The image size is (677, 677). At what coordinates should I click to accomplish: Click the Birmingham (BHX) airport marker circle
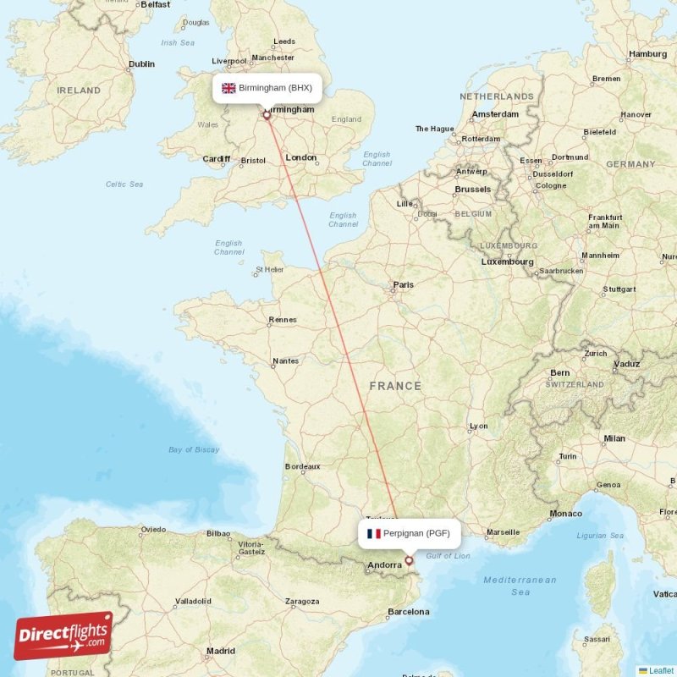pos(267,115)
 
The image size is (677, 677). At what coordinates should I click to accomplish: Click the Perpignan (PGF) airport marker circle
pos(410,560)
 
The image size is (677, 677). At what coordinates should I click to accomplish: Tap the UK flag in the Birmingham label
pos(228,88)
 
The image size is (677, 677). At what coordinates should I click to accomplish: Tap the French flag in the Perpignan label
pos(373,534)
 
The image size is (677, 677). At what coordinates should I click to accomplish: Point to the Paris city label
pos(403,285)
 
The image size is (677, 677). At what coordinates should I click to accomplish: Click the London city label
pos(301,157)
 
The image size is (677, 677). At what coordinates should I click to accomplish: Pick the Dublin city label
pos(141,63)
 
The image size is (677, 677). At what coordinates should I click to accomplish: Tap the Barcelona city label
pos(407,611)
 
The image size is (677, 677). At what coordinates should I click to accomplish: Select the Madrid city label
pos(220,651)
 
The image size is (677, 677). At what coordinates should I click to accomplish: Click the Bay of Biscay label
pos(194,449)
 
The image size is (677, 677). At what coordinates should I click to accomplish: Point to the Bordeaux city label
pos(302,466)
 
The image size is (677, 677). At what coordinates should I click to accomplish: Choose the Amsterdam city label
pos(495,114)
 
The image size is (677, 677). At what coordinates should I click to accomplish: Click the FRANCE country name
pos(394,386)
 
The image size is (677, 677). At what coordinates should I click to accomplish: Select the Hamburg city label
pos(647,54)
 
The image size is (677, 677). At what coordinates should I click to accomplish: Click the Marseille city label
pos(503,532)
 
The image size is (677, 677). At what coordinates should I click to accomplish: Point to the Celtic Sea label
pos(124,184)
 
